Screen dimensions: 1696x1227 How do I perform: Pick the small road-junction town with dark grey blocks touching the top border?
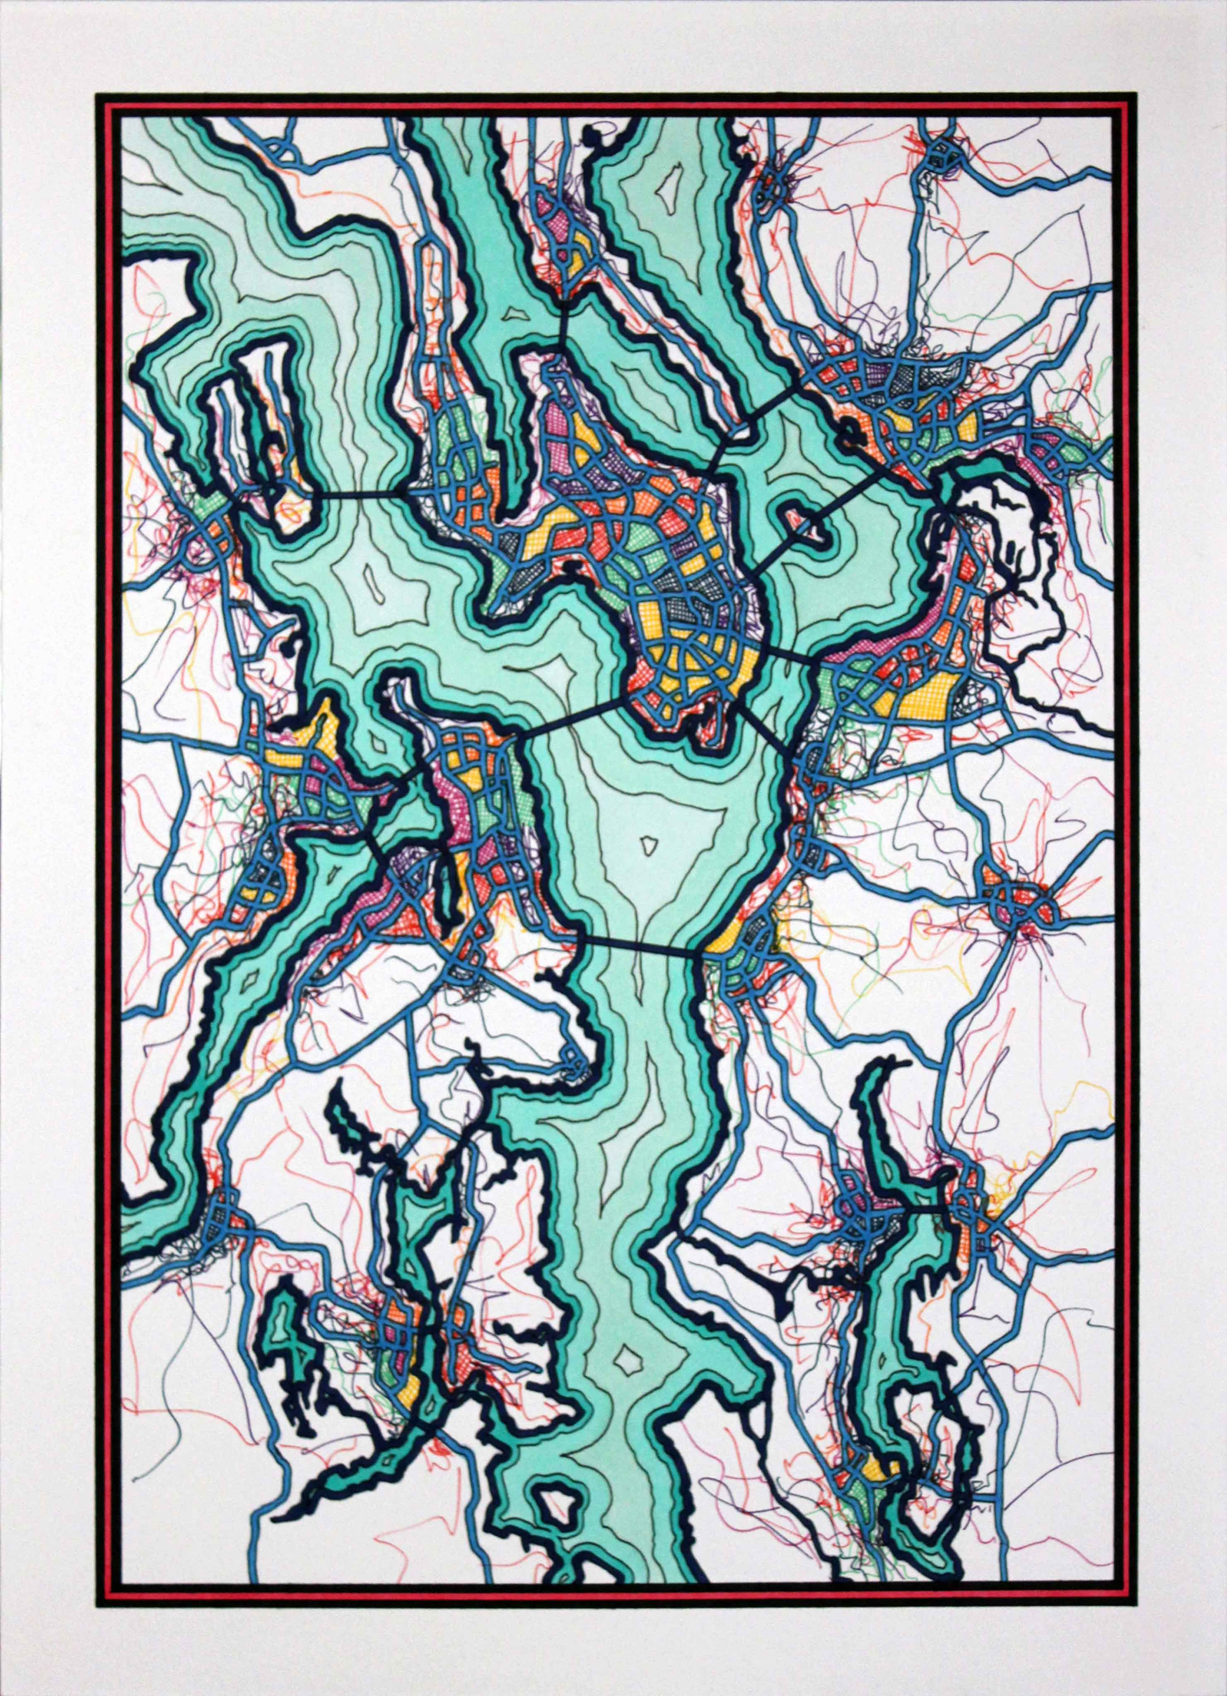(x=937, y=157)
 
